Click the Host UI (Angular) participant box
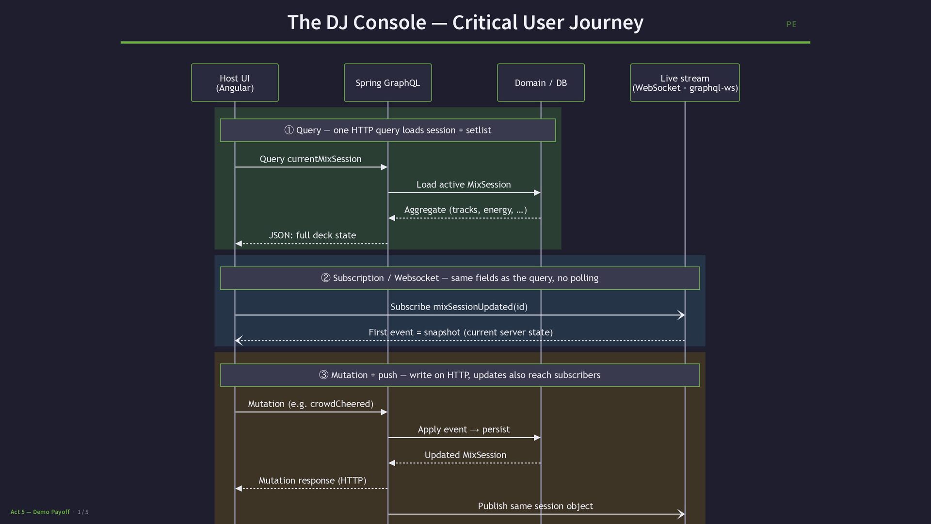[x=235, y=82]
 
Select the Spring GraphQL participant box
[x=387, y=82]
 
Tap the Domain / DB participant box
[x=541, y=82]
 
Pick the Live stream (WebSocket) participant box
[x=685, y=82]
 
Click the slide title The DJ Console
[x=465, y=22]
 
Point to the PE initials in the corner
[x=791, y=24]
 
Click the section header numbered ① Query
[x=387, y=130]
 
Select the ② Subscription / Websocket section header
[x=460, y=278]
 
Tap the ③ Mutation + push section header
[x=460, y=375]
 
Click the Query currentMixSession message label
[x=310, y=159]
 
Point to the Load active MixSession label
[x=464, y=184]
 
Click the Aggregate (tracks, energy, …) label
[x=465, y=210]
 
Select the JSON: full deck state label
[x=312, y=235]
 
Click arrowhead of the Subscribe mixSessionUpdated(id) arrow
[x=682, y=315]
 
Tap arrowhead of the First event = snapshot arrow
[x=238, y=341]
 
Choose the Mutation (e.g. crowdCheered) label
[x=310, y=404]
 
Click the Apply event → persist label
[x=464, y=429]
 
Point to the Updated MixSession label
[x=465, y=455]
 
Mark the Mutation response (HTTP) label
[x=312, y=480]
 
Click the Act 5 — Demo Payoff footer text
[x=40, y=512]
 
